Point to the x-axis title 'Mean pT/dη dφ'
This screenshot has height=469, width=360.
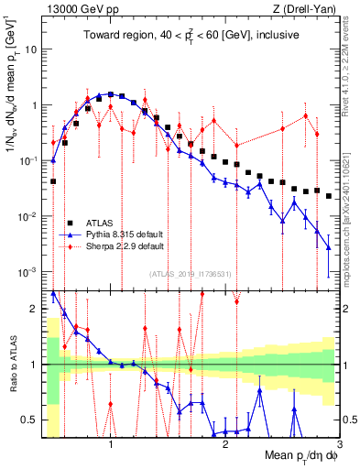290,455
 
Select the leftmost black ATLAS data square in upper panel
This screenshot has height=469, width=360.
53,181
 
